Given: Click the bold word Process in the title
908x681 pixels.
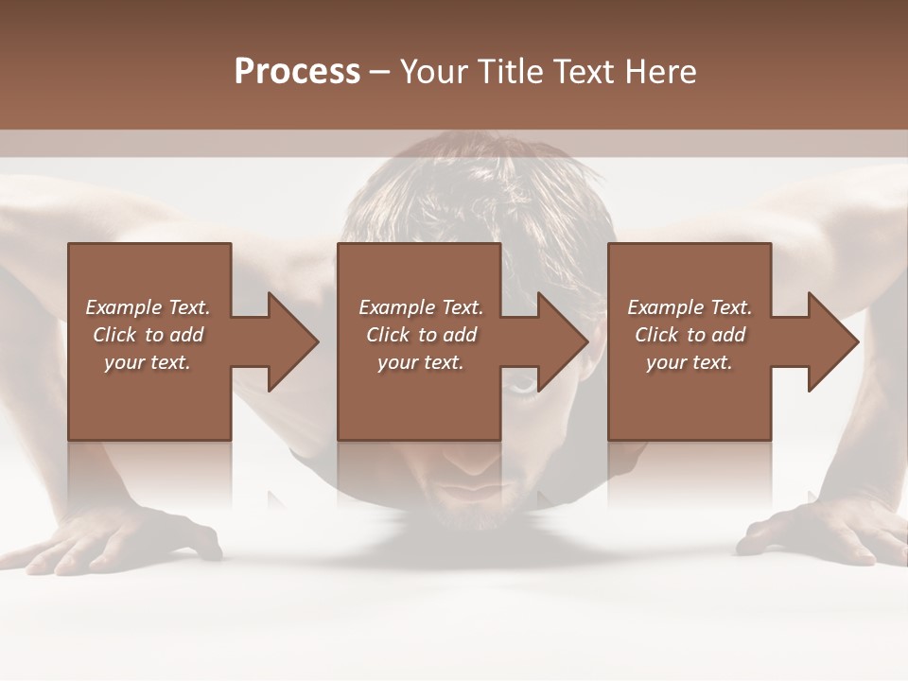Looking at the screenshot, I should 297,72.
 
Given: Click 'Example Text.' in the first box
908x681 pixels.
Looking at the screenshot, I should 148,307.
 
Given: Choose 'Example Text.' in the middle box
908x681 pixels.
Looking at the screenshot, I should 421,307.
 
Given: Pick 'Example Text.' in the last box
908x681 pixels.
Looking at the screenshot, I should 690,307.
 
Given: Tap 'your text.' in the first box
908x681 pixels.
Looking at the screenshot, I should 148,362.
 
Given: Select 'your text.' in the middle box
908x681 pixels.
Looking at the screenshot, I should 421,362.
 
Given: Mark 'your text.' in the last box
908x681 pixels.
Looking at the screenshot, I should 690,362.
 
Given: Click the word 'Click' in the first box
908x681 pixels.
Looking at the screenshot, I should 114,335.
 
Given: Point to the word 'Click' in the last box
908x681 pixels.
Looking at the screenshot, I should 656,335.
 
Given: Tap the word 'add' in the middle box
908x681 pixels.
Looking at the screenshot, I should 460,335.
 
